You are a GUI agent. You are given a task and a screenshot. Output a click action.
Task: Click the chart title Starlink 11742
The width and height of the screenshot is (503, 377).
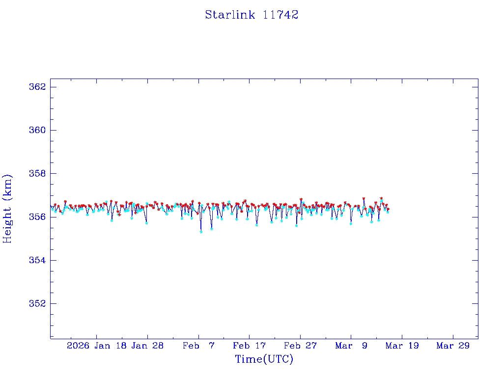pos(251,15)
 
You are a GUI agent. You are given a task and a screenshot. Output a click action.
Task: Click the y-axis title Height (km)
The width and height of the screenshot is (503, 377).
pos(7,209)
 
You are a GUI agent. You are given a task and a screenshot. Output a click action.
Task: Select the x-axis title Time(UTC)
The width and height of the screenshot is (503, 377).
pos(264,359)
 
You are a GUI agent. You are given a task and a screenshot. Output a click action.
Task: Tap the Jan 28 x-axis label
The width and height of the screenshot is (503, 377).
pos(148,346)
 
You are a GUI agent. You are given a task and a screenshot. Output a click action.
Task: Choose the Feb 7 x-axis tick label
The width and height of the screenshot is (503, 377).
pos(198,346)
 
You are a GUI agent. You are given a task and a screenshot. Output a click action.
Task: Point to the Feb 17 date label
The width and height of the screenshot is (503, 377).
pos(250,346)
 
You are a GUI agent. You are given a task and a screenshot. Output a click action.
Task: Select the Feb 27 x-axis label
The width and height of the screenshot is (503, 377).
pos(300,346)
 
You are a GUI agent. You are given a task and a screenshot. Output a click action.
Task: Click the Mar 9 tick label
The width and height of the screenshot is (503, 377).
pos(351,346)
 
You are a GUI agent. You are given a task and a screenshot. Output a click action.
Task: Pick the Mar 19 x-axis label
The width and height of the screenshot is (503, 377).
pos(402,346)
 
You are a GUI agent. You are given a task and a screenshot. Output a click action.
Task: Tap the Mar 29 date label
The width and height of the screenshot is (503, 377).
pos(453,346)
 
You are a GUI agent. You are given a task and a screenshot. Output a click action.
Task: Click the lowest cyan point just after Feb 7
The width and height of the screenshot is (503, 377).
pos(201,232)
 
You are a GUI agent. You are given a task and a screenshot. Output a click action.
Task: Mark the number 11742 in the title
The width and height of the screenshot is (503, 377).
pos(280,15)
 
